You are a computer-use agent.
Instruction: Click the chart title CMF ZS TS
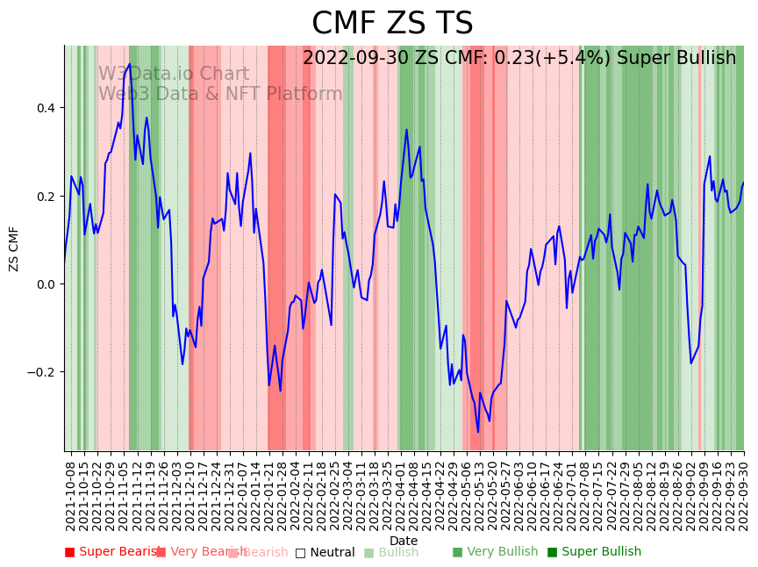pyautogui.click(x=392, y=24)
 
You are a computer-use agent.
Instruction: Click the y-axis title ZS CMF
pyautogui.click(x=14, y=248)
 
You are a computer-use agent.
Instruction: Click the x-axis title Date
pyautogui.click(x=404, y=541)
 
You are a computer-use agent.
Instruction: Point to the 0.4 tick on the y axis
pyautogui.click(x=44, y=108)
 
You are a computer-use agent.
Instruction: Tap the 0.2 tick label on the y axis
pyautogui.click(x=44, y=196)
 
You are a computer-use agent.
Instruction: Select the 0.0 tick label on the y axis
pyautogui.click(x=44, y=283)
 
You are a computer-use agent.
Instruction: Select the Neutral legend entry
pyautogui.click(x=325, y=552)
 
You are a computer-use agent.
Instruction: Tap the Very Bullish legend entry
pyautogui.click(x=496, y=552)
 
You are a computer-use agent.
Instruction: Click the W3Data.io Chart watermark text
pyautogui.click(x=173, y=74)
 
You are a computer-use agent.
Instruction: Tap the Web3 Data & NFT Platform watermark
pyautogui.click(x=220, y=94)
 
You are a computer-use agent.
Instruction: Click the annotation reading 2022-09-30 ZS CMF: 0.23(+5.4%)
pyautogui.click(x=519, y=58)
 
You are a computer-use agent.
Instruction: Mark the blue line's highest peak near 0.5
pyautogui.click(x=130, y=64)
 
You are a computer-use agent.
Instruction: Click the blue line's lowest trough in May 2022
pyautogui.click(x=478, y=431)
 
